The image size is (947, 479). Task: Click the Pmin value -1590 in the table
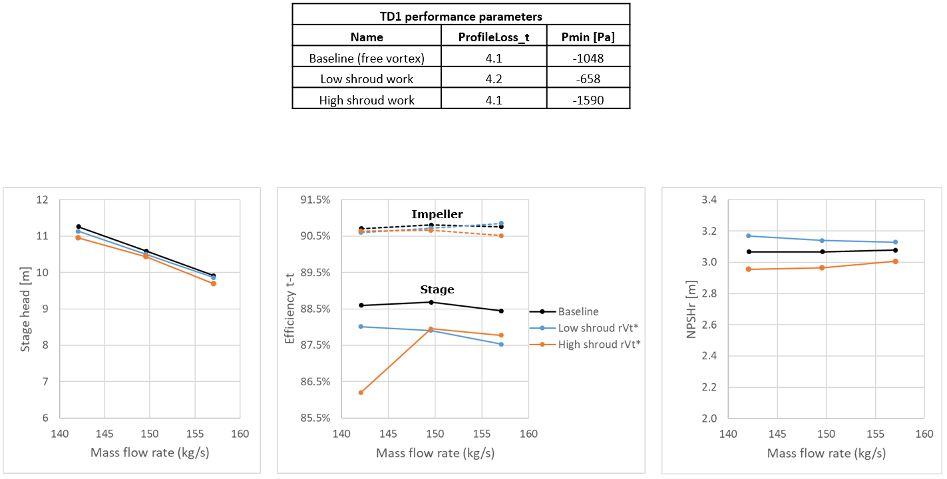588,100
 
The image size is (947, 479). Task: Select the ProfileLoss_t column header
494,37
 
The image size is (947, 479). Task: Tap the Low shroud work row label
367,79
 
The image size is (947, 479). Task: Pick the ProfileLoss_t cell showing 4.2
494,79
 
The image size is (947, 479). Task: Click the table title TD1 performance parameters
461,16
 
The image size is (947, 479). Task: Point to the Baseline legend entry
578,311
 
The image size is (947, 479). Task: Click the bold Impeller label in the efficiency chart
437,214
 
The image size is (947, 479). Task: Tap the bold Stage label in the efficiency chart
437,289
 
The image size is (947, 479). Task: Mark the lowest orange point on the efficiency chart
361,393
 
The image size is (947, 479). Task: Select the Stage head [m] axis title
25,308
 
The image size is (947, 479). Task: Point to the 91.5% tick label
316,200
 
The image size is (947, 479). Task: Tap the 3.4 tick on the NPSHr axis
709,200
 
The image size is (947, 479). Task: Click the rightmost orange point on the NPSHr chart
895,261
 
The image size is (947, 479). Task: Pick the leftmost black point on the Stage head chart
79,227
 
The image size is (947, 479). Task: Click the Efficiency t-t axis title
290,308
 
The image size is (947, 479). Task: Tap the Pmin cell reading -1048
588,59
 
